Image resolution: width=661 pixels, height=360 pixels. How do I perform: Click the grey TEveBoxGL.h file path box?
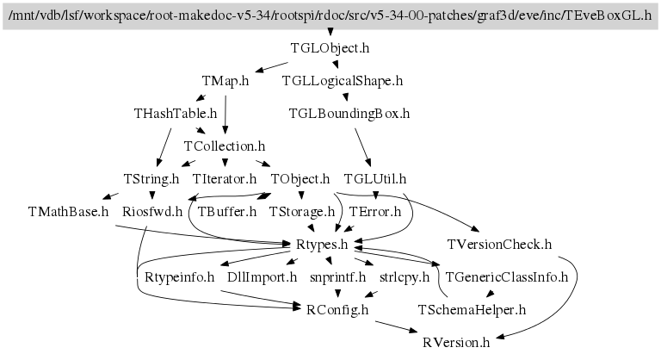click(x=330, y=16)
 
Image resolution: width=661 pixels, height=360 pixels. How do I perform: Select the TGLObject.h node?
click(x=330, y=48)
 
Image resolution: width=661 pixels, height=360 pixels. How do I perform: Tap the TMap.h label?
click(x=225, y=81)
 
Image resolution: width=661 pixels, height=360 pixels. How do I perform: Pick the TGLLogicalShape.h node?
click(x=343, y=81)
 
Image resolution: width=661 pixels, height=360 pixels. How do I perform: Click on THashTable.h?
click(x=176, y=114)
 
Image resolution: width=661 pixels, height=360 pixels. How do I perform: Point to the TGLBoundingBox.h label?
click(x=349, y=114)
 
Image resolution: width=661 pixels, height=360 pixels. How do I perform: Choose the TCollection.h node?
click(x=225, y=146)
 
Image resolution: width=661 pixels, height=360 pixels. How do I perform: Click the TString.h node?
click(x=151, y=179)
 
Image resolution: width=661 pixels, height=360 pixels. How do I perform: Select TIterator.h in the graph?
click(x=225, y=179)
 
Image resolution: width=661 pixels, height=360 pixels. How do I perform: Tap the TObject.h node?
click(x=300, y=179)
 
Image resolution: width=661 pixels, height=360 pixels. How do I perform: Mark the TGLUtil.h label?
click(x=375, y=179)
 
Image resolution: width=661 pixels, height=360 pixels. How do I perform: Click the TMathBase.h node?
click(x=68, y=212)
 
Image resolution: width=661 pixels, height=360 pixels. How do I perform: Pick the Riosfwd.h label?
click(x=152, y=212)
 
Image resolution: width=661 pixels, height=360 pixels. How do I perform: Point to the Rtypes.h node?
click(x=322, y=245)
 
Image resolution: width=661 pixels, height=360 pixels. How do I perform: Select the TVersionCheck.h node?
click(x=499, y=245)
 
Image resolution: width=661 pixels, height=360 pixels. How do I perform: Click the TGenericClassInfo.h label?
click(x=507, y=277)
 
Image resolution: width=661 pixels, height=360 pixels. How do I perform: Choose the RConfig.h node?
click(x=337, y=310)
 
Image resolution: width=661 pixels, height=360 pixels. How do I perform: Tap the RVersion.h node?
click(x=456, y=343)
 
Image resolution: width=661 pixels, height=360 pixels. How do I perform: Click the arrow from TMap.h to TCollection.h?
click(x=225, y=115)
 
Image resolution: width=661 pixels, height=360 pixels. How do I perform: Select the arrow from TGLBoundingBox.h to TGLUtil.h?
click(x=363, y=147)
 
